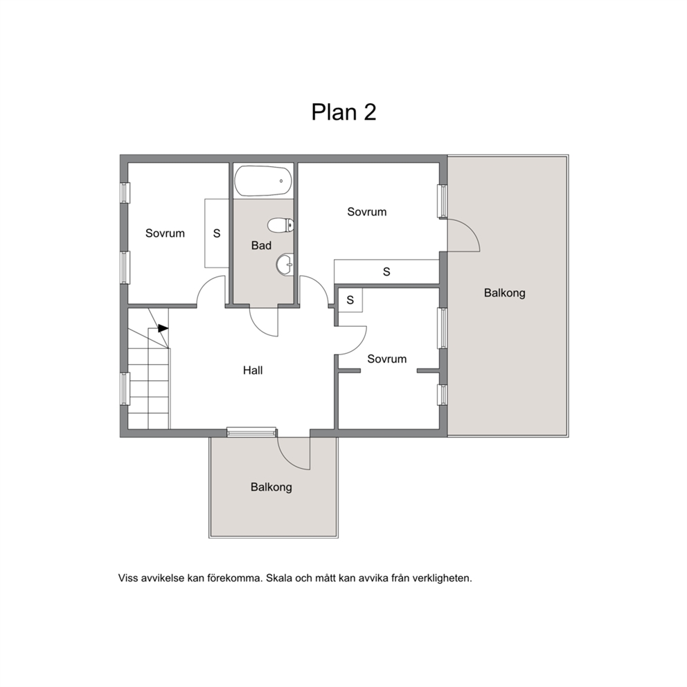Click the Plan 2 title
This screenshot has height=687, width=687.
[x=343, y=112]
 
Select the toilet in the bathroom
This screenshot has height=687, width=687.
[x=280, y=226]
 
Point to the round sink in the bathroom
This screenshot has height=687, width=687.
[x=285, y=265]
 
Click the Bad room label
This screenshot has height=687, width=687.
[x=261, y=245]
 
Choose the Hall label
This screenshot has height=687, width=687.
[x=253, y=371]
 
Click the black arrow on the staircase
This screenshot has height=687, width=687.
[x=163, y=328]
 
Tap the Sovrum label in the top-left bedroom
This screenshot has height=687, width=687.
[x=166, y=233]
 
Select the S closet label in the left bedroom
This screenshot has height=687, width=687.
[x=217, y=233]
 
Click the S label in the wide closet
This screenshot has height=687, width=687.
[x=386, y=272]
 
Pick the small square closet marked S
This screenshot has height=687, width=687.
[x=350, y=300]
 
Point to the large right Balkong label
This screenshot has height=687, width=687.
[x=505, y=293]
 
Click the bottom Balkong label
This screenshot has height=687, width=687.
[x=271, y=487]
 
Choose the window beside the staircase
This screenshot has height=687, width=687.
[x=125, y=389]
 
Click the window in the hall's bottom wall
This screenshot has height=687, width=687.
[x=251, y=432]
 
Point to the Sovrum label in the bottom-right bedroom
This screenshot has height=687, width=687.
[x=387, y=359]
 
